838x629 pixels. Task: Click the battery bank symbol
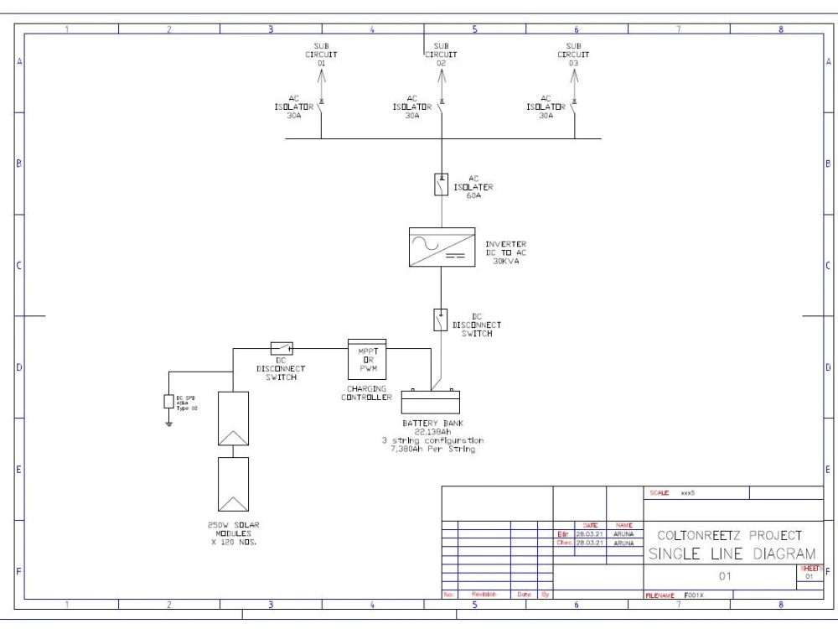pyautogui.click(x=432, y=401)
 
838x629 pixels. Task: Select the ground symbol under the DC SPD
pyautogui.click(x=168, y=422)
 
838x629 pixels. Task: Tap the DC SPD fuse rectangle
pyautogui.click(x=168, y=401)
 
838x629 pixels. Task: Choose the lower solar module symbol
pyautogui.click(x=234, y=484)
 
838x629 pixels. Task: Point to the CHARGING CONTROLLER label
pyautogui.click(x=366, y=392)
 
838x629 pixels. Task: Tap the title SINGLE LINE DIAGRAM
pyautogui.click(x=732, y=554)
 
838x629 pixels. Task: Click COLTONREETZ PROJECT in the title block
pyautogui.click(x=730, y=534)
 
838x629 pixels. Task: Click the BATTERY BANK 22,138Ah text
pyautogui.click(x=432, y=428)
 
